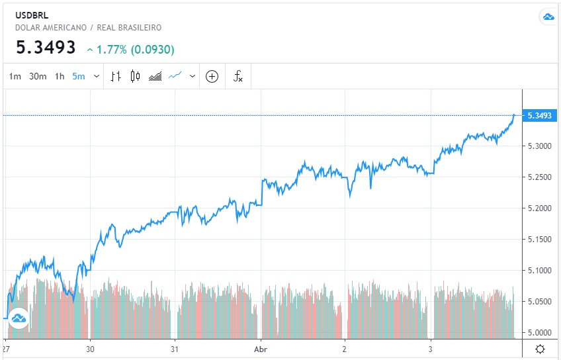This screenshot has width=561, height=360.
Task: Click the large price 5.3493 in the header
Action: pyautogui.click(x=46, y=48)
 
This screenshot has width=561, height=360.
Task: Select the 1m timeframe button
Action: pyautogui.click(x=15, y=77)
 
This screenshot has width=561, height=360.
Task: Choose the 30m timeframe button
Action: pyautogui.click(x=38, y=77)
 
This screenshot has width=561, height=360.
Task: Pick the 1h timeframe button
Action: pyautogui.click(x=60, y=77)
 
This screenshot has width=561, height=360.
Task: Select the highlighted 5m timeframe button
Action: pyautogui.click(x=79, y=77)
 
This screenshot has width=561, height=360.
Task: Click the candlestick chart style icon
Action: pyautogui.click(x=135, y=76)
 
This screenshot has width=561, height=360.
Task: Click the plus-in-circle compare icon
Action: pyautogui.click(x=212, y=76)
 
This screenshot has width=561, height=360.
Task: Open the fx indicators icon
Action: pyautogui.click(x=238, y=76)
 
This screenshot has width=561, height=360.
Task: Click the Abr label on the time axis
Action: pyautogui.click(x=260, y=348)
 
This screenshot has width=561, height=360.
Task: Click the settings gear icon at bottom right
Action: pyautogui.click(x=540, y=349)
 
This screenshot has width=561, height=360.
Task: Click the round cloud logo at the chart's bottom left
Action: pyautogui.click(x=19, y=318)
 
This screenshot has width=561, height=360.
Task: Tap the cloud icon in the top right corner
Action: pyautogui.click(x=548, y=17)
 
